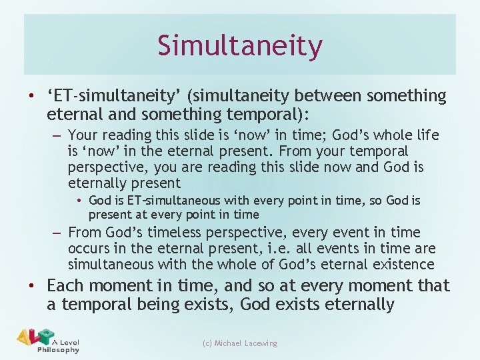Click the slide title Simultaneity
pyautogui.click(x=240, y=46)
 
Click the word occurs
pyautogui.click(x=89, y=249)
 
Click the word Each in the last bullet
pyautogui.click(x=65, y=286)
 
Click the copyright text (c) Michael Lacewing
pyautogui.click(x=240, y=343)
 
